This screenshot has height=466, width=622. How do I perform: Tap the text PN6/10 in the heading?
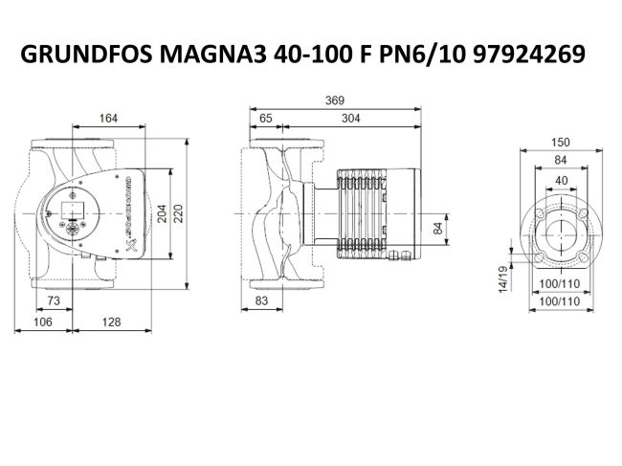416,55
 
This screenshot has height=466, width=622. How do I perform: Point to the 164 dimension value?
108,119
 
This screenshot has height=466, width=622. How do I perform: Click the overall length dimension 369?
334,100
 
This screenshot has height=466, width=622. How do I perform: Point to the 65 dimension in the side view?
265,119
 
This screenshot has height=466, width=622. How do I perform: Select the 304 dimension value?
351,119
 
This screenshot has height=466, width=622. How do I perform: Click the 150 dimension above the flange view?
561,142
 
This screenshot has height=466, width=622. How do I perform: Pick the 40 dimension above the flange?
561,179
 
